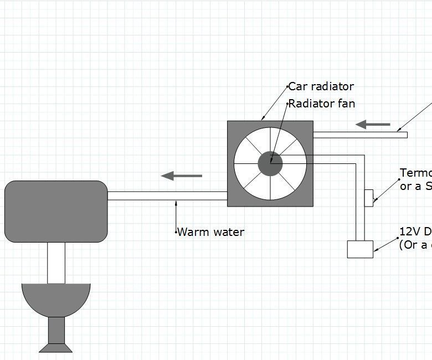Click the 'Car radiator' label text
[x=321, y=86]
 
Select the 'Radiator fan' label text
[x=322, y=104]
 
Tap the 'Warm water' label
[x=210, y=232]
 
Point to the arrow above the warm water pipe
[x=182, y=176]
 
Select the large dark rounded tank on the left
[x=56, y=212]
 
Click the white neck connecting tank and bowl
[x=56, y=263]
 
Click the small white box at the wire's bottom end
[x=360, y=249]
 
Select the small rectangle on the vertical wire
[x=369, y=198]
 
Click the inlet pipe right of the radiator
[x=360, y=135]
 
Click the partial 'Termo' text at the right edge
[x=415, y=173]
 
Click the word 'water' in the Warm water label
[x=227, y=232]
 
